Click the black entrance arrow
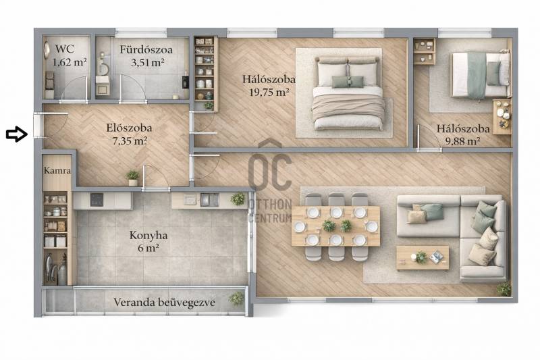[17, 134]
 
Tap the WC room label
[65, 49]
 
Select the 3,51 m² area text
[147, 62]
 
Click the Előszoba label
[129, 128]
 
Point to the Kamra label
[57, 170]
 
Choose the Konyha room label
[148, 236]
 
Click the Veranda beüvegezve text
[164, 303]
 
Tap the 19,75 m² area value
[269, 92]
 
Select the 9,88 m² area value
[463, 141]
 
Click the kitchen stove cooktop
[97, 200]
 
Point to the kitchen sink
[209, 200]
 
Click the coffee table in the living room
[423, 258]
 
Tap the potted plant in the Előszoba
[132, 178]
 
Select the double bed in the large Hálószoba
[348, 94]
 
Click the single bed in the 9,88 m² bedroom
[481, 74]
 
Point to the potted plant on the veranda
[237, 299]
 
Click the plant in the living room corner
[504, 288]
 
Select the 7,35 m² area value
[130, 140]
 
